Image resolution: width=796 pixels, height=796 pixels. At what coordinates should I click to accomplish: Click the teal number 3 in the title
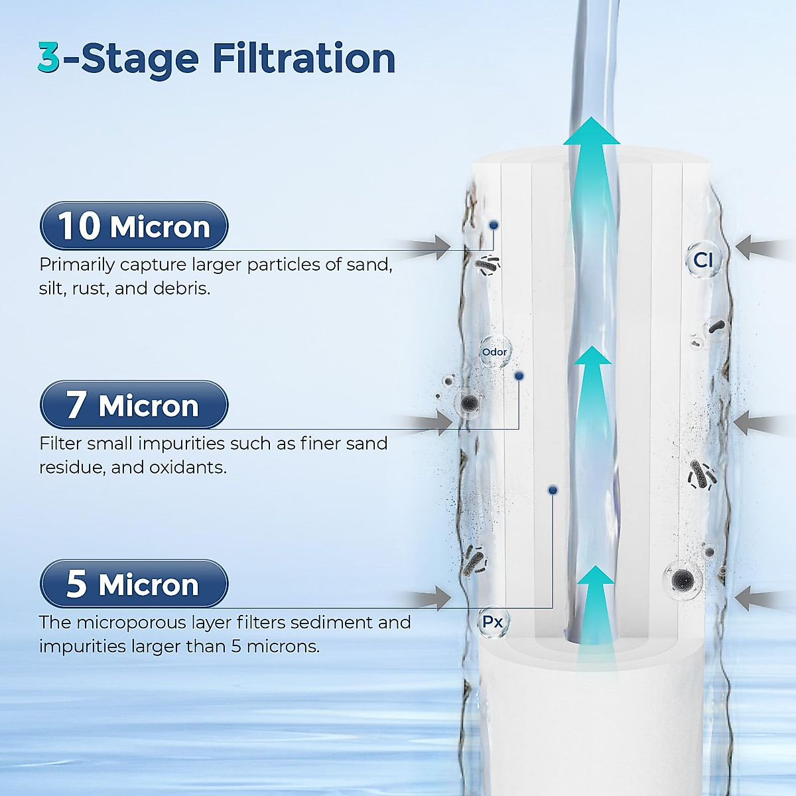pos(49,58)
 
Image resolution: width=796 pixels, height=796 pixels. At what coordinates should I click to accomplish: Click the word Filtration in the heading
pos(304,58)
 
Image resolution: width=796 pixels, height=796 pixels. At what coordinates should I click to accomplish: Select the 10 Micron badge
pos(134,226)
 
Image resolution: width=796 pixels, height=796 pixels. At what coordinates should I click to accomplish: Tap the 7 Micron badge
pos(134,405)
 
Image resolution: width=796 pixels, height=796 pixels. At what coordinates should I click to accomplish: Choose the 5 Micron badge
pos(134,584)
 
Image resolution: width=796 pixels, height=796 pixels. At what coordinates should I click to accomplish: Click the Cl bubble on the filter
pos(702,260)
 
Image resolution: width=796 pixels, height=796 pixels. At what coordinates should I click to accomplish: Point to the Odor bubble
pos(495,352)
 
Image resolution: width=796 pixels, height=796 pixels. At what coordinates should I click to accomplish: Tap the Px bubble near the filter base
pos(493,622)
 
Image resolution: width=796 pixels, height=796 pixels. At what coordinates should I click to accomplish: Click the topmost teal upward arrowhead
pos(591,132)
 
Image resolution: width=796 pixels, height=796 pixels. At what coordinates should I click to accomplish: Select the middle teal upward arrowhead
pos(591,357)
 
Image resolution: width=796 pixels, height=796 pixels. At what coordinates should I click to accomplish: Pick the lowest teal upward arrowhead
pos(595,576)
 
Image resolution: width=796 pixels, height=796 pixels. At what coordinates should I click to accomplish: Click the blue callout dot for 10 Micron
pos(494,226)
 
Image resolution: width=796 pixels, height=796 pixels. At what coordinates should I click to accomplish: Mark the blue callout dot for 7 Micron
pos(519,376)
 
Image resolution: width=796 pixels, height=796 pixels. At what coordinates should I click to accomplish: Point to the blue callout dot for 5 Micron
pos(553,490)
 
